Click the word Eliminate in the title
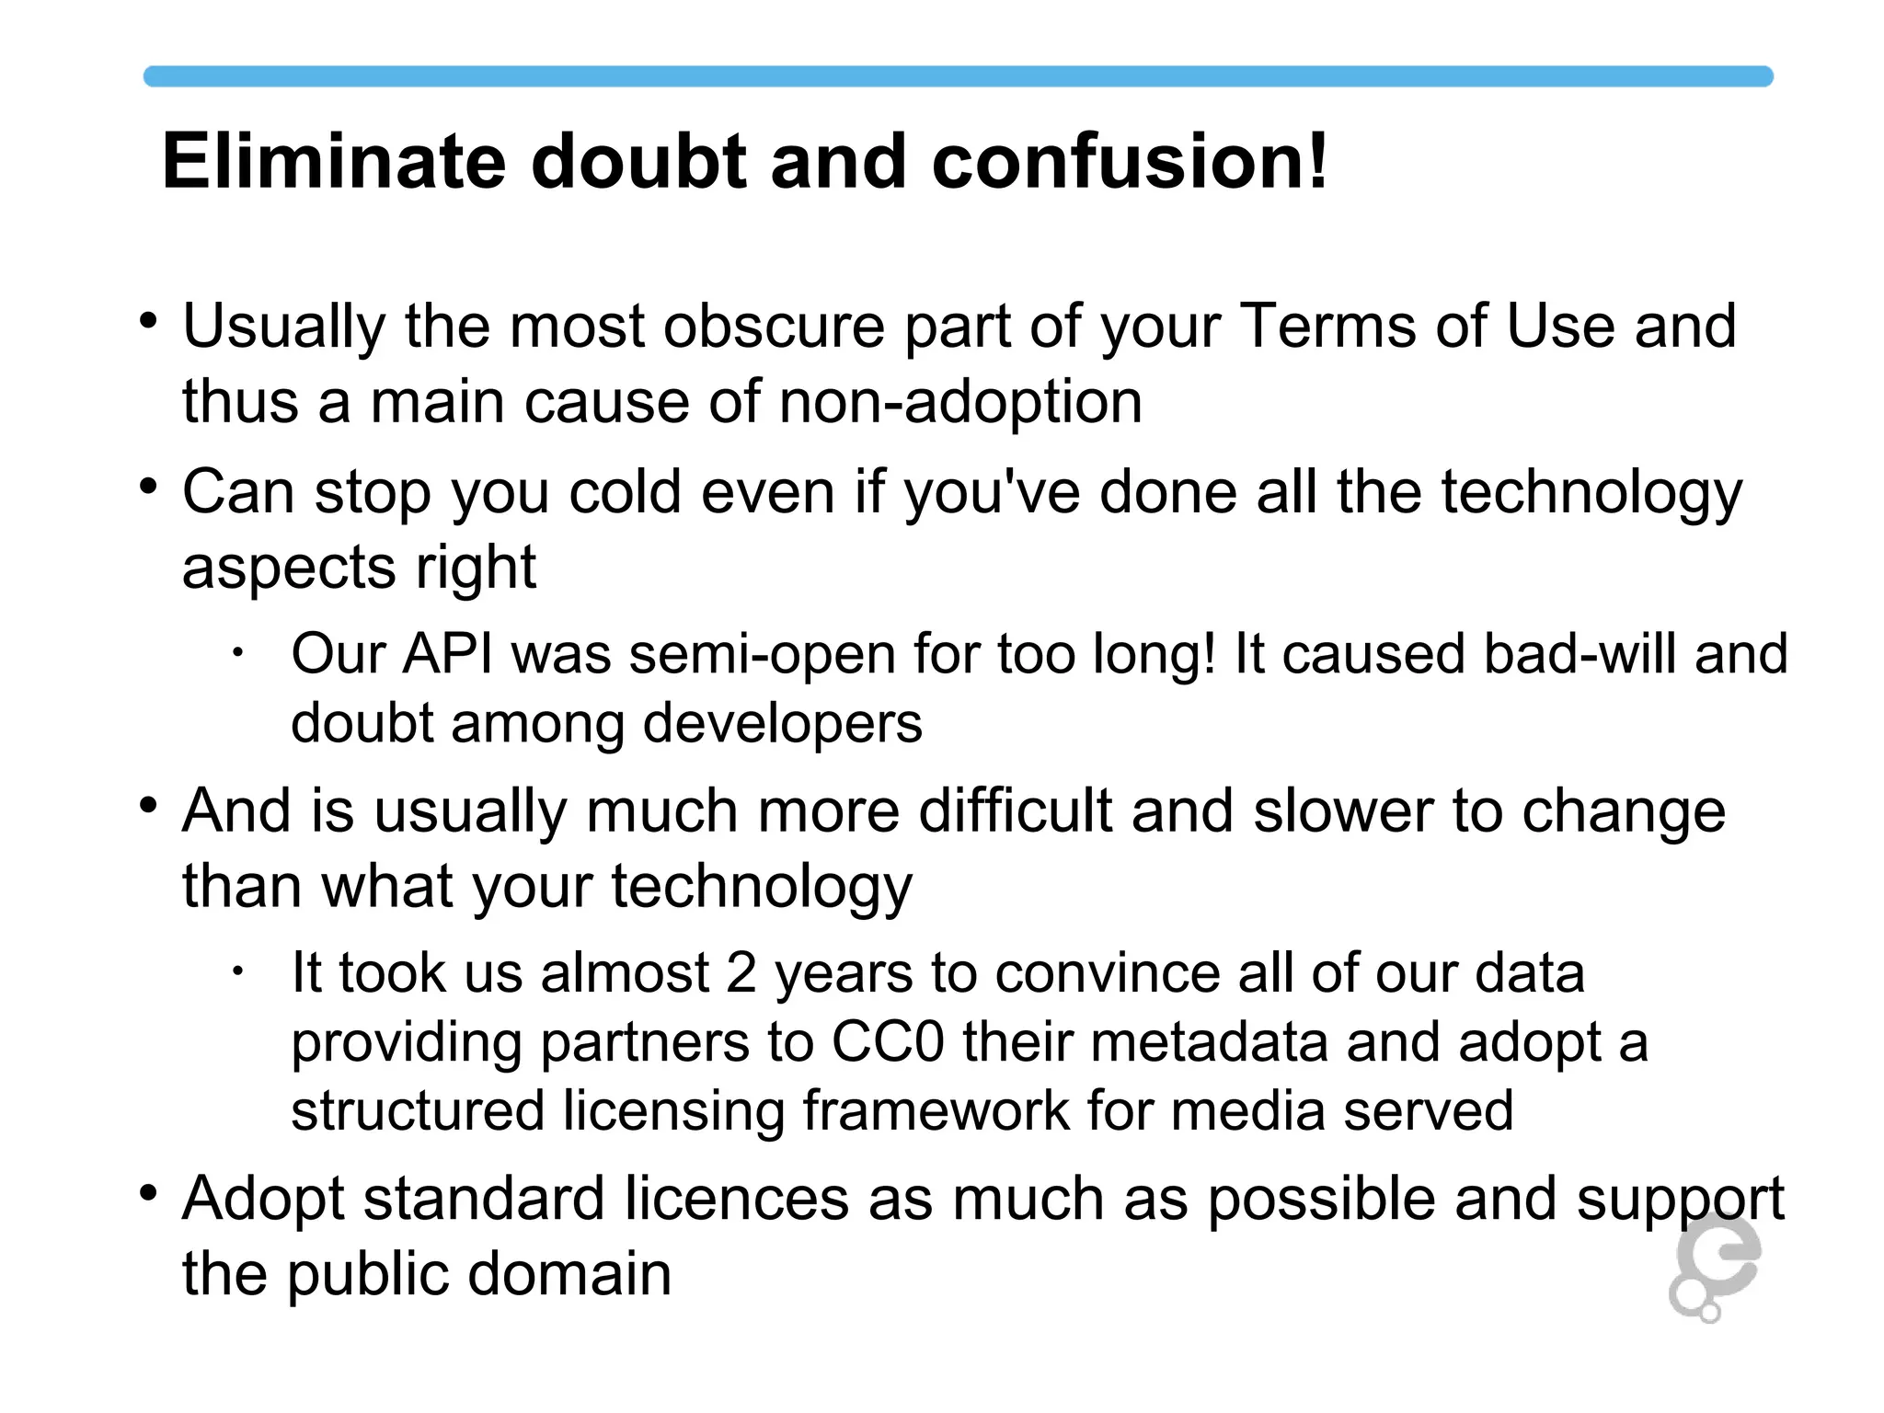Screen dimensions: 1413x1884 tap(333, 162)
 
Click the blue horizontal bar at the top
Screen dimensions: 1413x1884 tap(957, 76)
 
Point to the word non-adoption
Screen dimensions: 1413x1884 tap(960, 402)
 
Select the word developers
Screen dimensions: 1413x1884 tap(782, 724)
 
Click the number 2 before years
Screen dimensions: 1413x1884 tap(741, 973)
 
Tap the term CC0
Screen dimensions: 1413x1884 tap(888, 1042)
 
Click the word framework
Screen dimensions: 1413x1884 tap(936, 1110)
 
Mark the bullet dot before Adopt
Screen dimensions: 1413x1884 tap(149, 1194)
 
